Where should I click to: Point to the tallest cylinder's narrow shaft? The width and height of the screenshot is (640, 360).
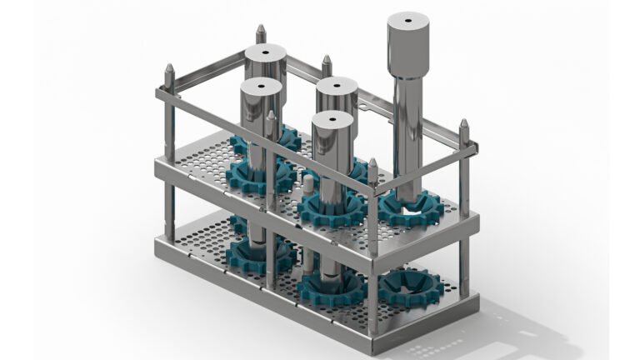tap(407, 133)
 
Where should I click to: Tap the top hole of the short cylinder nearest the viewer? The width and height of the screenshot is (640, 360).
tap(332, 118)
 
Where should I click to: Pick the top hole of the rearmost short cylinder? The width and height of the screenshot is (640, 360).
tap(265, 52)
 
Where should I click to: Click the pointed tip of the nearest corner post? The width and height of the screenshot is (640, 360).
tap(372, 163)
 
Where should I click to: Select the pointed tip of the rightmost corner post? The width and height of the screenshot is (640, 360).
tap(464, 124)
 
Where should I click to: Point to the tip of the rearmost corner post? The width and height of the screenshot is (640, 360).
tap(261, 29)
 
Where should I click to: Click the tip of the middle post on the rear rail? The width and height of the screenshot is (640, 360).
tap(327, 60)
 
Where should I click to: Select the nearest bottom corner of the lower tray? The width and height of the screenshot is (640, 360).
tap(373, 329)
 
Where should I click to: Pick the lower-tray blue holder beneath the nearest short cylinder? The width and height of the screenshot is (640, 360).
tap(331, 288)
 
